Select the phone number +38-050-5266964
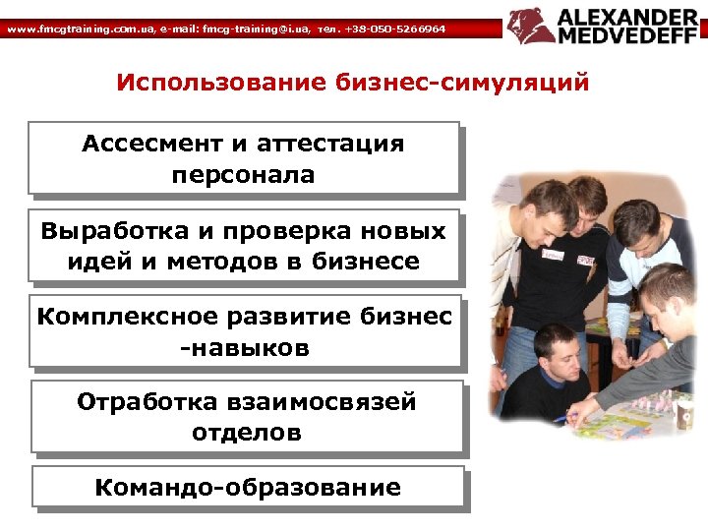[394, 29]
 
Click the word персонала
[243, 175]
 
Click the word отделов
[247, 432]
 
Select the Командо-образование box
[247, 487]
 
